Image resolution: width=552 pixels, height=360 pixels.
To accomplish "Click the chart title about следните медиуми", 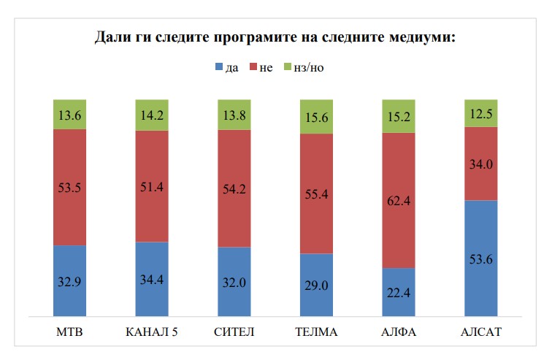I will pyautogui.click(x=275, y=37).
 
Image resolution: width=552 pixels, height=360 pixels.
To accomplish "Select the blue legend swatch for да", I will pyautogui.click(x=218, y=68).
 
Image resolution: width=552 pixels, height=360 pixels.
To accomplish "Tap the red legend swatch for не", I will pyautogui.click(x=253, y=68).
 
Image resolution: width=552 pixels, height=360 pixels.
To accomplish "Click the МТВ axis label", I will pyautogui.click(x=70, y=333).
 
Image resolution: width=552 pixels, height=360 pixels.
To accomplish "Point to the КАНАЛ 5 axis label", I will pyautogui.click(x=153, y=333).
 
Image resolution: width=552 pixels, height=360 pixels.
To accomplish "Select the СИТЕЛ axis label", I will pyautogui.click(x=234, y=333).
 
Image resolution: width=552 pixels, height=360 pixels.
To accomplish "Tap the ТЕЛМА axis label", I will pyautogui.click(x=317, y=333).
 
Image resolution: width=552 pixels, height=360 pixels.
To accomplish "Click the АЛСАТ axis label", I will pyautogui.click(x=481, y=333).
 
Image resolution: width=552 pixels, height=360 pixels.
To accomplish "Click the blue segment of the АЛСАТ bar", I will pyautogui.click(x=481, y=241).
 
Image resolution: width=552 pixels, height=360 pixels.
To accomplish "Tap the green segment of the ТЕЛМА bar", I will pyautogui.click(x=317, y=117).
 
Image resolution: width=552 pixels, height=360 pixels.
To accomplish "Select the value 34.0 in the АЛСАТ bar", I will pyautogui.click(x=481, y=164).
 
